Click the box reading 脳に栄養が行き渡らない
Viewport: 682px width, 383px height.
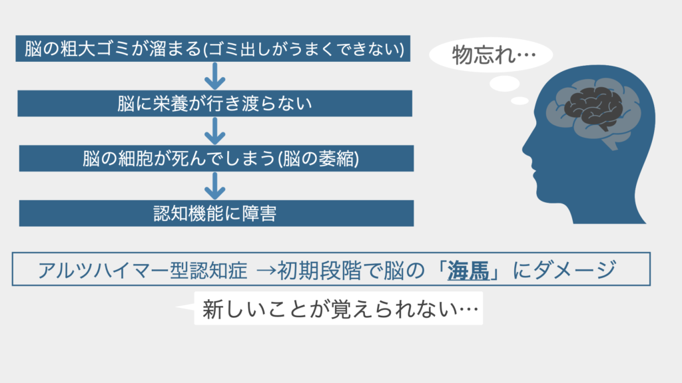click(215, 103)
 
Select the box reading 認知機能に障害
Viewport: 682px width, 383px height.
click(216, 213)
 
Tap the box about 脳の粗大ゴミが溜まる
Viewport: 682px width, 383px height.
click(212, 49)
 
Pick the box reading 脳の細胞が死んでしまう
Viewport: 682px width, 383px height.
click(216, 158)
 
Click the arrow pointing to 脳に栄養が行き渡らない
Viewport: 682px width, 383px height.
click(215, 76)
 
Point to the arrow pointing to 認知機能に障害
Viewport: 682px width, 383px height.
click(215, 186)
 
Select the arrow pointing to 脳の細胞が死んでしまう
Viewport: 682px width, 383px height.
click(215, 131)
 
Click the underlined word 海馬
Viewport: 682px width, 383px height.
click(468, 270)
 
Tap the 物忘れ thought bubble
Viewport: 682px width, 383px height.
click(491, 55)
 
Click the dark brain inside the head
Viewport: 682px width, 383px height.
click(593, 107)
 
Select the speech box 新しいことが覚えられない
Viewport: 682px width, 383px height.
click(338, 309)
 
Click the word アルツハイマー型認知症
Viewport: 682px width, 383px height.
click(143, 270)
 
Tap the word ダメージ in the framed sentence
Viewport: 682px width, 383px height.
click(575, 270)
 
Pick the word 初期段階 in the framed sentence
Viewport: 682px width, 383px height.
click(320, 270)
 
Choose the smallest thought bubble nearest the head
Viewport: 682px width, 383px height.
click(519, 101)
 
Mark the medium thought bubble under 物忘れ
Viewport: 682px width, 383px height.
click(505, 83)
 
